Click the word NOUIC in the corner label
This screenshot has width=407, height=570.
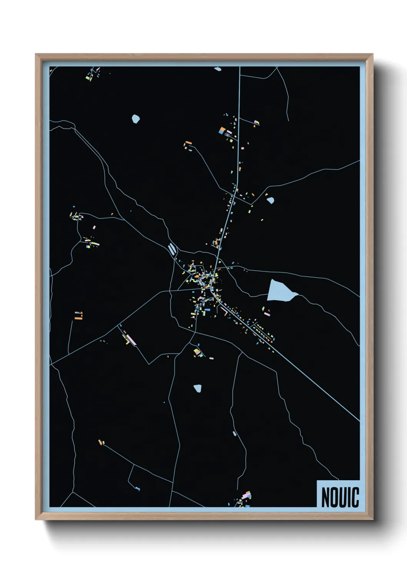[x=340, y=497]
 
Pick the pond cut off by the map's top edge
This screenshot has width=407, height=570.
[x=218, y=69]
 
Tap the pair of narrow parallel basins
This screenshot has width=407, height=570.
[x=172, y=249]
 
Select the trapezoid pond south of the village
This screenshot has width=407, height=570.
[x=197, y=388]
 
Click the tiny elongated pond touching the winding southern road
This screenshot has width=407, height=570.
[x=234, y=434]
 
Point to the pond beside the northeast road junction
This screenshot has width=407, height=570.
[x=270, y=200]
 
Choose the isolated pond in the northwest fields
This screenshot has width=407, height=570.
[x=135, y=119]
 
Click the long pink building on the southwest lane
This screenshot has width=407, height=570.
[x=131, y=340]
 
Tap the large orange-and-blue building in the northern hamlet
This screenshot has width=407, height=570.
[x=222, y=131]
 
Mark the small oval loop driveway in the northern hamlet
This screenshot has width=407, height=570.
[x=228, y=135]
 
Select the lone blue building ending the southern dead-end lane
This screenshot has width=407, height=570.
[x=138, y=489]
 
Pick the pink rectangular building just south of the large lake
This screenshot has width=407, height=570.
[x=267, y=314]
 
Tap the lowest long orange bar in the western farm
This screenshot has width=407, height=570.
[x=78, y=319]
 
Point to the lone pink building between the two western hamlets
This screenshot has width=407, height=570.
[x=94, y=227]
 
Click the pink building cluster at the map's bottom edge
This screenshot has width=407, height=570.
[x=247, y=495]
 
